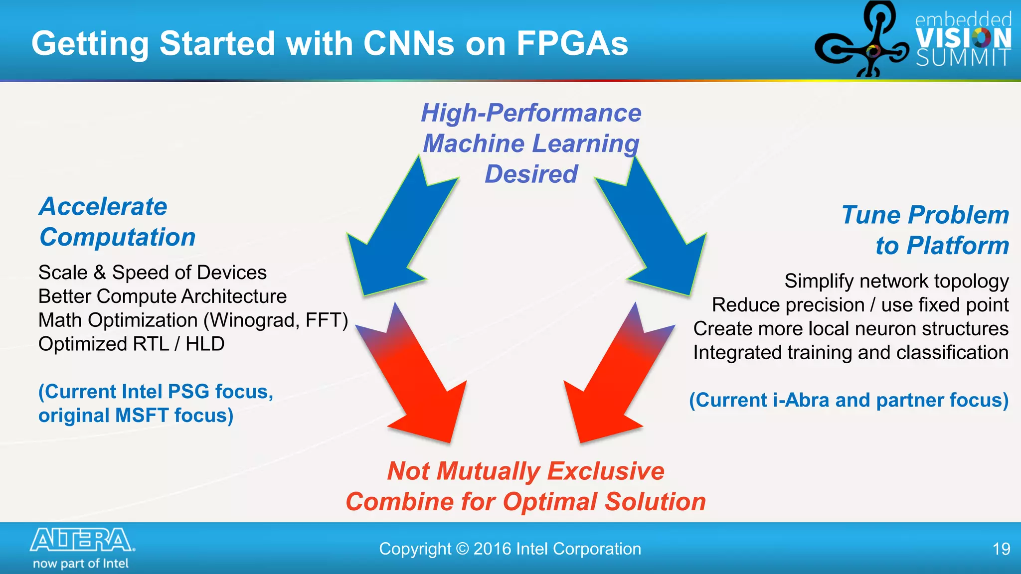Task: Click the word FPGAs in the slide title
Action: [572, 43]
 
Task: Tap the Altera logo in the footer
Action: [82, 540]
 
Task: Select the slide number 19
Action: [1001, 549]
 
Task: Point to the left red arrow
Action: [419, 384]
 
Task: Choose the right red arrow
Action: [613, 384]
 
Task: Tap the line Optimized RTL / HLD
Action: [131, 344]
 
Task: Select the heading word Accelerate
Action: [103, 207]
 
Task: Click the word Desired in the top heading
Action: [531, 174]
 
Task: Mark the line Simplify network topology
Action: [896, 282]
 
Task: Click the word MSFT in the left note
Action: [142, 416]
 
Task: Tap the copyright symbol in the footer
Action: [463, 549]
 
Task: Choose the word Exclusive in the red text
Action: [606, 471]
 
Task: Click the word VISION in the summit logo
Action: [963, 38]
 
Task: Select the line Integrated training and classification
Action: [851, 353]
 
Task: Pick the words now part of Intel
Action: [81, 564]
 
